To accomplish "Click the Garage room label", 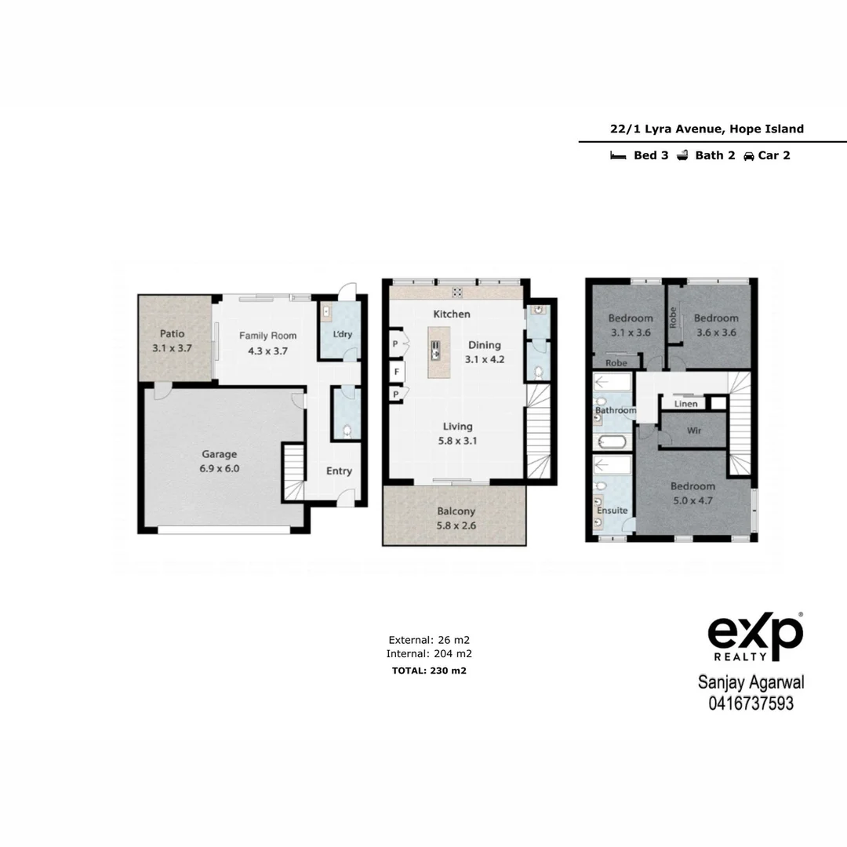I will pyautogui.click(x=219, y=454).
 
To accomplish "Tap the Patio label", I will pyautogui.click(x=172, y=334).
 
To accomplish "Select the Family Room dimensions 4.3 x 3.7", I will pyautogui.click(x=267, y=351).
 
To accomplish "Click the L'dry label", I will pyautogui.click(x=343, y=335).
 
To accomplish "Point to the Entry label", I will pyautogui.click(x=339, y=471).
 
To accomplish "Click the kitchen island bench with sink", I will pyautogui.click(x=436, y=352).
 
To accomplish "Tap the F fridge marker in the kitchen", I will pyautogui.click(x=397, y=372).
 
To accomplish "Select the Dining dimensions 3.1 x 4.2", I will pyautogui.click(x=484, y=360).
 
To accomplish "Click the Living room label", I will pyautogui.click(x=457, y=427).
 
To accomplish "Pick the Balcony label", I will pyautogui.click(x=456, y=511).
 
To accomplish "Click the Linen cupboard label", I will pyautogui.click(x=685, y=405).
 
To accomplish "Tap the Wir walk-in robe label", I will pyautogui.click(x=693, y=431).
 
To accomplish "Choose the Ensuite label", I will pyautogui.click(x=612, y=511).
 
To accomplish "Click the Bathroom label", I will pyautogui.click(x=615, y=410).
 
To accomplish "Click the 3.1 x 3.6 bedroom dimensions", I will pyautogui.click(x=631, y=333).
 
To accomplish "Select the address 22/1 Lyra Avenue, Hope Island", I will pyautogui.click(x=707, y=129).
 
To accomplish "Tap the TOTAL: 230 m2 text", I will pyautogui.click(x=429, y=671).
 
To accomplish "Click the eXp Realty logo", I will pyautogui.click(x=755, y=636).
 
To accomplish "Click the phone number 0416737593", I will pyautogui.click(x=751, y=703).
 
